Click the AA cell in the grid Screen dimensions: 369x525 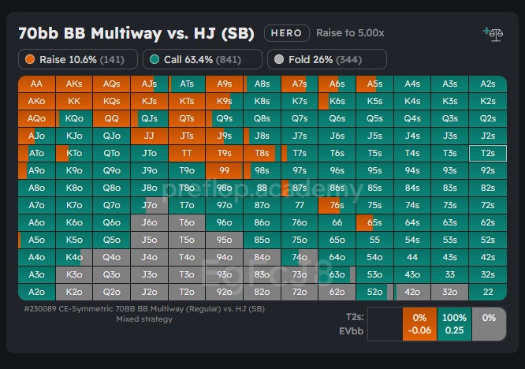36,84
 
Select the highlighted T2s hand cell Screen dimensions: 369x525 488,153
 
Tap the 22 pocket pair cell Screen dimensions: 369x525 488,292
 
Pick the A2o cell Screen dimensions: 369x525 36,292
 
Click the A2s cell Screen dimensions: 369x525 488,84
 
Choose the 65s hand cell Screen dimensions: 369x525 374,222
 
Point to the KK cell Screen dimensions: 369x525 74,101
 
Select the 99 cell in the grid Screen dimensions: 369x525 225,170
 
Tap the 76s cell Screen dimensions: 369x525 337,205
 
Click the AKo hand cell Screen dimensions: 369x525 36,101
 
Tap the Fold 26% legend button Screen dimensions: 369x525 327,59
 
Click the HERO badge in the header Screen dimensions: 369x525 285,33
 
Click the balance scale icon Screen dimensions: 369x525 493,33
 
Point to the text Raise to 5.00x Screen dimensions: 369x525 350,33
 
